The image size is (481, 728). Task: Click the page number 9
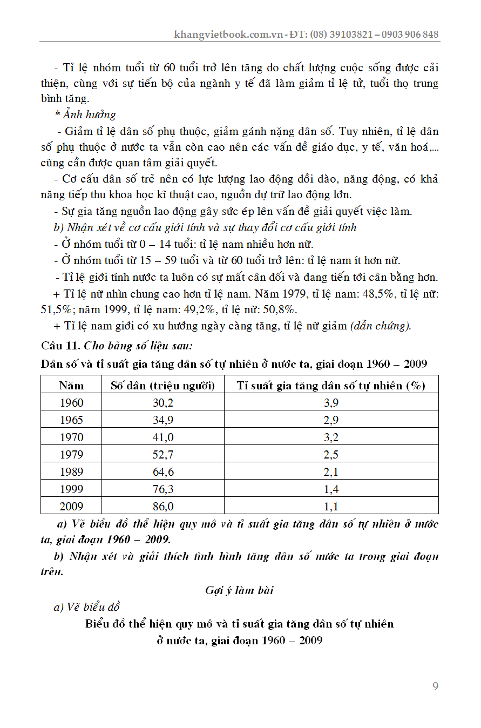(x=435, y=686)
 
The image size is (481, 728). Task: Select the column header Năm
(x=71, y=385)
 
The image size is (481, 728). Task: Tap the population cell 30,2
(x=163, y=402)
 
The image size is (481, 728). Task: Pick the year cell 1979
(x=71, y=454)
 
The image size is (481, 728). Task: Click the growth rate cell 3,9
(x=331, y=402)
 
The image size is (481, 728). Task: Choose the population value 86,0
(x=163, y=506)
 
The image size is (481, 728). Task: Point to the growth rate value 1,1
(x=331, y=506)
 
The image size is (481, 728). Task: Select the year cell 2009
(x=71, y=506)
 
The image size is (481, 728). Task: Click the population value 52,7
(x=163, y=454)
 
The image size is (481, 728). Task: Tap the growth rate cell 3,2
(x=331, y=437)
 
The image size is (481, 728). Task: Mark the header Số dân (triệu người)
(x=163, y=385)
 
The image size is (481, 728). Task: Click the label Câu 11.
(x=59, y=345)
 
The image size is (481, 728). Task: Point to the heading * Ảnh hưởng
(x=85, y=114)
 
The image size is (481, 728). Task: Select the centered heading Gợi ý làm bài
(x=240, y=590)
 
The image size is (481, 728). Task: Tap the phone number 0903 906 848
(x=410, y=35)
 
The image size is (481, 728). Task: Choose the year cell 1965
(x=71, y=420)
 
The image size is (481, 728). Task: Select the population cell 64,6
(x=163, y=471)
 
